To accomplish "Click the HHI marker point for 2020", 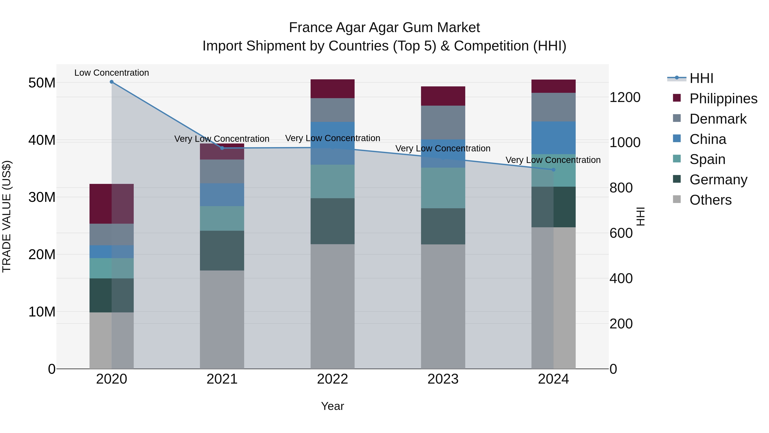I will click(112, 82).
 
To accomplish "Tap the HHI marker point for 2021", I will click(222, 148).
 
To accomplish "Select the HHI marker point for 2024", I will click(553, 170).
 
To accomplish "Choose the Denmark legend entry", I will click(718, 119).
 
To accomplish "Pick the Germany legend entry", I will click(718, 180).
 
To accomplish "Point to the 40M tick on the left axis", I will click(42, 140).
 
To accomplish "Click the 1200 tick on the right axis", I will click(625, 98).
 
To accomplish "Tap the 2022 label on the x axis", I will click(332, 379).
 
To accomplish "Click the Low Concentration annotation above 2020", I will click(112, 73).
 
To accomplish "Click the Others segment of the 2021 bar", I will click(222, 319).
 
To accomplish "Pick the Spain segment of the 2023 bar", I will click(443, 188).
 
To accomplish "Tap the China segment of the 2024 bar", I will click(553, 138).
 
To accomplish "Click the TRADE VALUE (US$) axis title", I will click(7, 216).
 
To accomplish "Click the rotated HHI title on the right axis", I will click(641, 216).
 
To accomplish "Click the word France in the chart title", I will click(310, 28).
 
